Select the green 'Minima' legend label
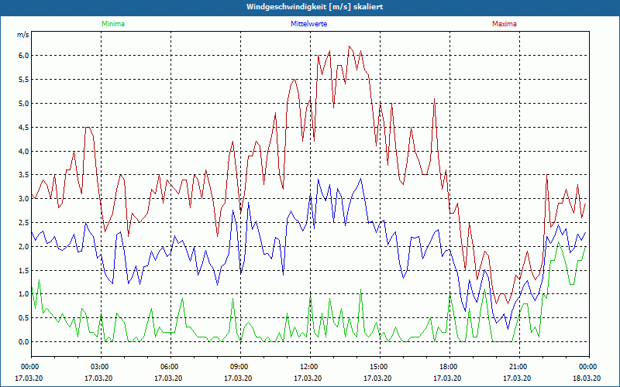tap(112, 24)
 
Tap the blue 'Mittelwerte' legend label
tap(308, 24)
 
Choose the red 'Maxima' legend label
tap(504, 24)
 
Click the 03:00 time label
tap(100, 367)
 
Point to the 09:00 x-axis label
tap(239, 367)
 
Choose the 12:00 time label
tap(309, 367)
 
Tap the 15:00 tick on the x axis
tap(379, 367)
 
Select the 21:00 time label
tap(518, 367)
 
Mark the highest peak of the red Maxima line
tap(350, 46)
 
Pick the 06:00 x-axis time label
tap(170, 367)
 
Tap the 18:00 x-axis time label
tap(449, 367)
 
